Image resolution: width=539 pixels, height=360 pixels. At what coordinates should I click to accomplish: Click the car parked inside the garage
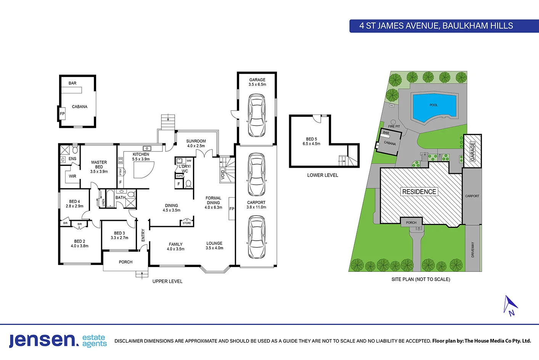(x=256, y=116)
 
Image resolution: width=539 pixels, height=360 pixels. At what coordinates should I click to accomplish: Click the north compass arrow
(x=510, y=305)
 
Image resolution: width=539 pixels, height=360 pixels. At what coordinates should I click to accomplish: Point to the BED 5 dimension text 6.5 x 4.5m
(x=311, y=144)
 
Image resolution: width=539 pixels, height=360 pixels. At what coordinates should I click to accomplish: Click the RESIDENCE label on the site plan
(x=419, y=192)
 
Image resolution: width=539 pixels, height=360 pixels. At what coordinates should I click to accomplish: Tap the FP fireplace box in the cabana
(x=62, y=114)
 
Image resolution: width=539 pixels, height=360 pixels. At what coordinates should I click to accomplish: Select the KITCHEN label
(x=141, y=154)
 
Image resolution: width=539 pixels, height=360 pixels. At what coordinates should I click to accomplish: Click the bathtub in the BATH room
(x=111, y=198)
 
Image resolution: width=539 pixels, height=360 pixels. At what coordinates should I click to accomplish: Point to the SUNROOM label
(x=196, y=141)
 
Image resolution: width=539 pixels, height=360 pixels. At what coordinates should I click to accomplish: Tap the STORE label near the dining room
(x=187, y=223)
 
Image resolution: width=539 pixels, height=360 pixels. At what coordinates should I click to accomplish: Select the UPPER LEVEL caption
(x=167, y=281)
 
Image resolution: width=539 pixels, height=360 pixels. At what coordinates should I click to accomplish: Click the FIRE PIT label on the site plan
(x=394, y=126)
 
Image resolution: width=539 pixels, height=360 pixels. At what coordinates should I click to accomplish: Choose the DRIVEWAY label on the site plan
(x=473, y=249)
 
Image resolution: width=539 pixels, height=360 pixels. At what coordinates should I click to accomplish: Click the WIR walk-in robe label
(x=72, y=176)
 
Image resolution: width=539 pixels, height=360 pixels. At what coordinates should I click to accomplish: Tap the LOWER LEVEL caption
(x=323, y=175)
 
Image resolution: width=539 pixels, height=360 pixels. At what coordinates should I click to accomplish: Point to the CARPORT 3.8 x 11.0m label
(x=256, y=205)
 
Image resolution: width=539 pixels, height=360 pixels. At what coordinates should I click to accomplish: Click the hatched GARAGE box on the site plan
(x=472, y=151)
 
